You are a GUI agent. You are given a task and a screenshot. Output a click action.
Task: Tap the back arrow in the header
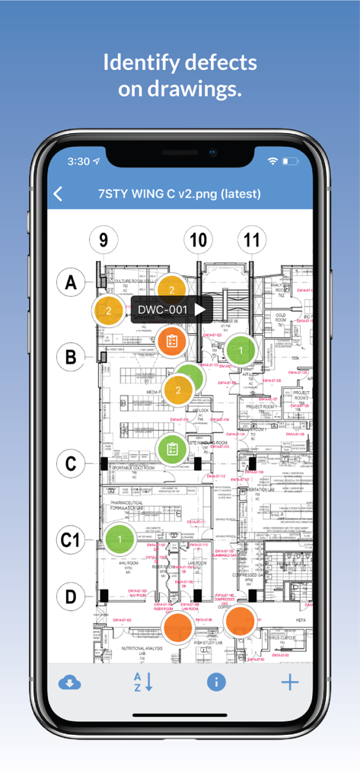[59, 193]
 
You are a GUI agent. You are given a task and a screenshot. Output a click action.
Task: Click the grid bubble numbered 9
[104, 240]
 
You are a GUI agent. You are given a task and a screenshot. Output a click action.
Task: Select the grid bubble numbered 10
[198, 240]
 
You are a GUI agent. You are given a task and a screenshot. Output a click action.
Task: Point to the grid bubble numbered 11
[251, 240]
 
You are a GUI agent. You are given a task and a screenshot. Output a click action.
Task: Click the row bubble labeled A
[71, 283]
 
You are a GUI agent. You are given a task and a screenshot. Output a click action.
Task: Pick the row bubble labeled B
[71, 356]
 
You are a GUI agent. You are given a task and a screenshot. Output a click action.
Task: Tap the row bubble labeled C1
[71, 540]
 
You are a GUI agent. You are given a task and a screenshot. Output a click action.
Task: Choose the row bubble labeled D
[71, 596]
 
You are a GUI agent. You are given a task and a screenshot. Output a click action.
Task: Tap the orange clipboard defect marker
[172, 341]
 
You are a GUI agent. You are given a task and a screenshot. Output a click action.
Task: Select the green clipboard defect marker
[172, 449]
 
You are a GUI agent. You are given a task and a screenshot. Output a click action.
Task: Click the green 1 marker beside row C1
[119, 539]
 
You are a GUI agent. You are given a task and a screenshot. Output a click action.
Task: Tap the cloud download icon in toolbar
[70, 682]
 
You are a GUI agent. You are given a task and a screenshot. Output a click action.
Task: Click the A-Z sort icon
[142, 682]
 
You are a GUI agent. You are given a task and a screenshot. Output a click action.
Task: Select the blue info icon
[216, 682]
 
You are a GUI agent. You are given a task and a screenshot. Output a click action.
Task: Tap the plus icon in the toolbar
[289, 682]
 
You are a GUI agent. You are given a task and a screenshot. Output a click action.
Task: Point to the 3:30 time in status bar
[78, 161]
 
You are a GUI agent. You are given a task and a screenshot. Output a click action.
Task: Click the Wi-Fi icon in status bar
[272, 161]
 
